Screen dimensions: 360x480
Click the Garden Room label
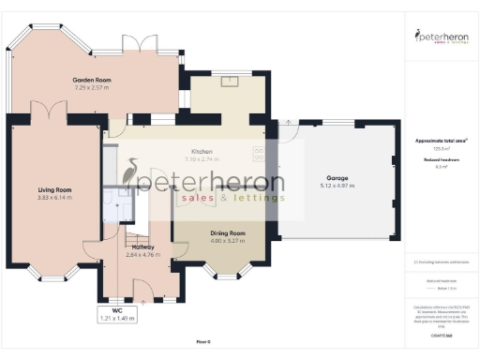point(92,80)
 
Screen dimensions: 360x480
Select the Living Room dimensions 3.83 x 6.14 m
point(53,198)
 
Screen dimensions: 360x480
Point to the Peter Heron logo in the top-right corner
point(441,38)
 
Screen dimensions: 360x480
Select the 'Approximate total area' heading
point(441,141)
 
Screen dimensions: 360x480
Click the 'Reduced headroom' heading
point(441,160)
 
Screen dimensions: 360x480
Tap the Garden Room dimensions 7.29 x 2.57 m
point(92,88)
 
